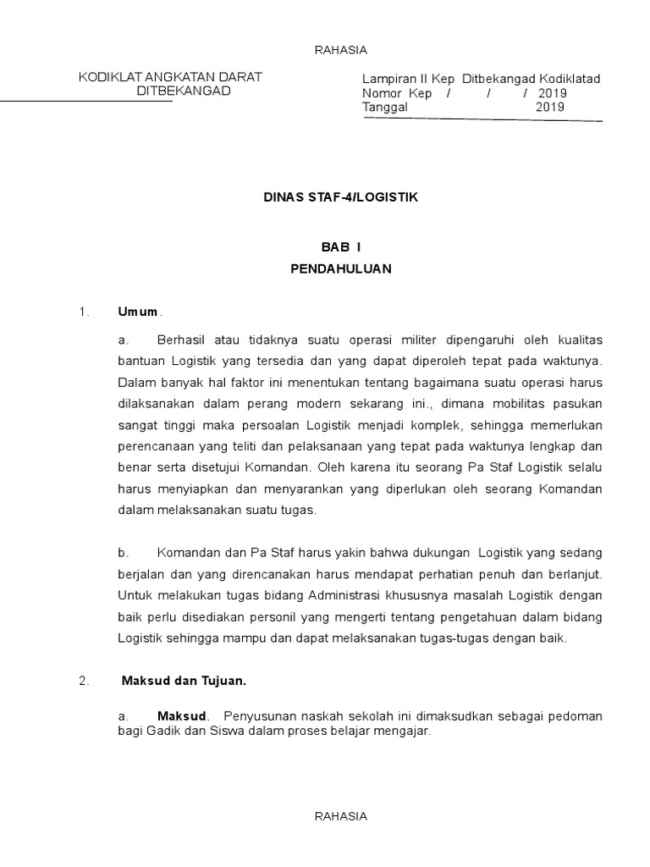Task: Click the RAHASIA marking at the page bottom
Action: [x=341, y=816]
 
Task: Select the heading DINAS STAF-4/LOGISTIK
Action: [x=341, y=196]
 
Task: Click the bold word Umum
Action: [x=137, y=312]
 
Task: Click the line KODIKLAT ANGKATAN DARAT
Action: [x=170, y=78]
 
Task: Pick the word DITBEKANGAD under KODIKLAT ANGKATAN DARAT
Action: [x=184, y=91]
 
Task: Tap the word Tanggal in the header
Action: [x=385, y=108]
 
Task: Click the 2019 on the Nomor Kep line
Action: [x=552, y=93]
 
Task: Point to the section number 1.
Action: [x=84, y=312]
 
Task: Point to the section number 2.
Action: [x=84, y=680]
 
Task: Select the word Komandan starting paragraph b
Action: [x=187, y=553]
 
